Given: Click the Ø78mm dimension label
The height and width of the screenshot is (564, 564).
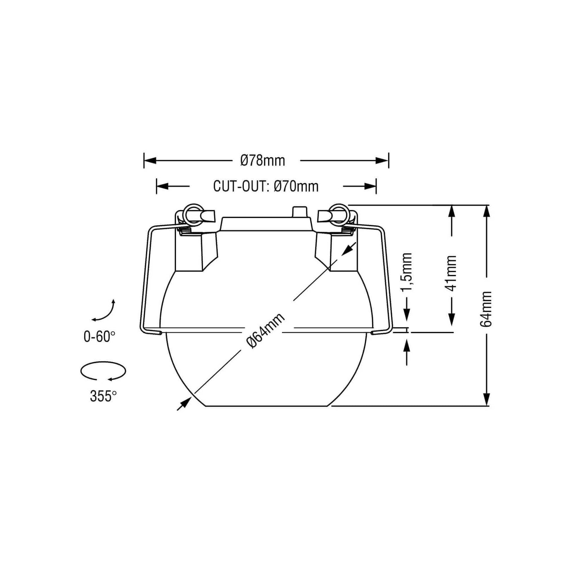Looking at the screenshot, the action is [263, 161].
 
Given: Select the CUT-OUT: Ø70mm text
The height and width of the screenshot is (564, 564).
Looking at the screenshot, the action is [266, 186].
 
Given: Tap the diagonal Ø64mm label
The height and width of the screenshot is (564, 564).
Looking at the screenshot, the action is [266, 330].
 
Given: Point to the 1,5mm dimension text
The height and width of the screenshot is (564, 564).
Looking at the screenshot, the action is [407, 272].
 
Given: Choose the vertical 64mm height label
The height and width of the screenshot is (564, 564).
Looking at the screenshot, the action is [486, 309].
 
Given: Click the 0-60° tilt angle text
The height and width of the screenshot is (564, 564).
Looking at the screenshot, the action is [99, 337].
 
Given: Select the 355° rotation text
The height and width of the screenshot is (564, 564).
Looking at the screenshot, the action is [103, 396].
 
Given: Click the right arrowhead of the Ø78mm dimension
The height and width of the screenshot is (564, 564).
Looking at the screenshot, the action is [382, 161].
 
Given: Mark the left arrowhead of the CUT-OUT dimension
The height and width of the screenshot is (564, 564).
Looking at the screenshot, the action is [163, 186].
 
